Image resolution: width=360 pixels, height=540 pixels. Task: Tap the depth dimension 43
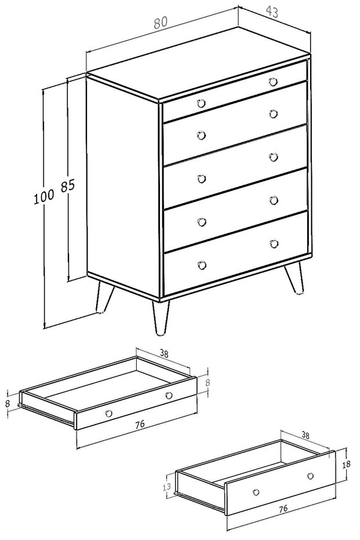pyautogui.click(x=272, y=12)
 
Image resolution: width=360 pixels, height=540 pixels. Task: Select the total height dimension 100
pyautogui.click(x=43, y=197)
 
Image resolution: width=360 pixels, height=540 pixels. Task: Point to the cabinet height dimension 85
pyautogui.click(x=68, y=186)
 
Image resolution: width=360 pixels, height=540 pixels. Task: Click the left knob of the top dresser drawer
pyautogui.click(x=201, y=103)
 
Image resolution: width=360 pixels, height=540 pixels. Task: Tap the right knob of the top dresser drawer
pyautogui.click(x=273, y=82)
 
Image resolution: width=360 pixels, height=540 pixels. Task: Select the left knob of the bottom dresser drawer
pyautogui.click(x=202, y=265)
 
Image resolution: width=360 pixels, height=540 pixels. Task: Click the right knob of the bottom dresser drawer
pyautogui.click(x=274, y=244)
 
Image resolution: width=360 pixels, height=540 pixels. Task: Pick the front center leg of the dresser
pyautogui.click(x=161, y=317)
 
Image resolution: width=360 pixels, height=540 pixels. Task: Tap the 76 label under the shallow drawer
pyautogui.click(x=140, y=425)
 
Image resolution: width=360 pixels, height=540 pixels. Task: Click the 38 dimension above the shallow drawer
pyautogui.click(x=164, y=354)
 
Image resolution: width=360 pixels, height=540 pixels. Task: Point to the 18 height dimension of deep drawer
pyautogui.click(x=346, y=464)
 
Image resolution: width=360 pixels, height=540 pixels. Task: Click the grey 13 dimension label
pyautogui.click(x=166, y=487)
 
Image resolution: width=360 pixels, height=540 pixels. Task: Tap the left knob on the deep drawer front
pyautogui.click(x=256, y=492)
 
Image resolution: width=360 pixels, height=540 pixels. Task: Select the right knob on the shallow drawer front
pyautogui.click(x=169, y=396)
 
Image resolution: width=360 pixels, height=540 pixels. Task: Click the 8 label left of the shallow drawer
pyautogui.click(x=8, y=404)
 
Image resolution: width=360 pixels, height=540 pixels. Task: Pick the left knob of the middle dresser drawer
pyautogui.click(x=202, y=179)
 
